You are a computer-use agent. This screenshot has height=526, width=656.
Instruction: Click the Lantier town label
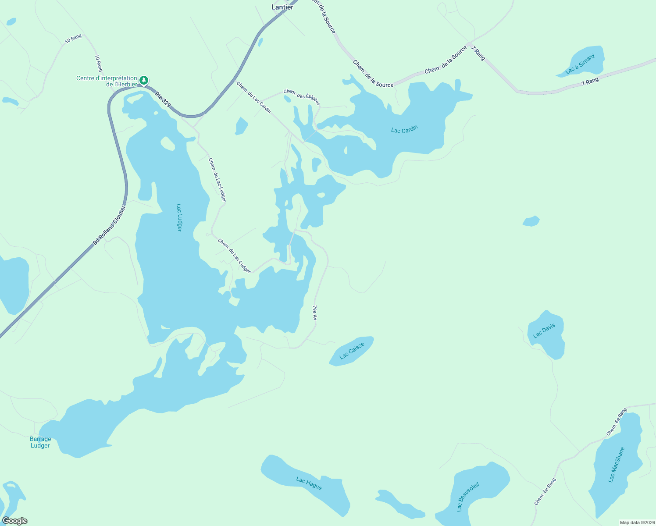pyautogui.click(x=282, y=7)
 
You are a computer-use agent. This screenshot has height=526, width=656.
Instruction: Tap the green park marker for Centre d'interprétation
pyautogui.click(x=144, y=81)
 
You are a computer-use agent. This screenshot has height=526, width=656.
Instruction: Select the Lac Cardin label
pyautogui.click(x=404, y=129)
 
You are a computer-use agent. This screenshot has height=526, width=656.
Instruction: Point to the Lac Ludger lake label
pyautogui.click(x=179, y=217)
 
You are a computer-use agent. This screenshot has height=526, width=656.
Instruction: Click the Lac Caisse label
pyautogui.click(x=352, y=351)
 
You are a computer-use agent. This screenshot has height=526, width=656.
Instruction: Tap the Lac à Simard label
pyautogui.click(x=580, y=64)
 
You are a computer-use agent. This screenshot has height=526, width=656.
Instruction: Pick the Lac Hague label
pyautogui.click(x=309, y=483)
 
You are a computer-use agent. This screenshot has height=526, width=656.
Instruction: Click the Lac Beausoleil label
pyautogui.click(x=468, y=497)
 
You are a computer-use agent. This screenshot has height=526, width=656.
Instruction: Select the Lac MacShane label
pyautogui.click(x=616, y=465)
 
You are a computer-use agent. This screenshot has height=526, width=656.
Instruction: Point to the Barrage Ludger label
pyautogui.click(x=40, y=442)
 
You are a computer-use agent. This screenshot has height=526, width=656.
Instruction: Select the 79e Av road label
pyautogui.click(x=314, y=313)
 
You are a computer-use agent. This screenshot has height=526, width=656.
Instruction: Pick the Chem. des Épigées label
pyautogui.click(x=302, y=97)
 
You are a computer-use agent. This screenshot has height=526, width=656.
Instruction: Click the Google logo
pyautogui.click(x=15, y=521)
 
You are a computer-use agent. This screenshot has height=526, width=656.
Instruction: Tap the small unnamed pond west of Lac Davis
pyautogui.click(x=531, y=221)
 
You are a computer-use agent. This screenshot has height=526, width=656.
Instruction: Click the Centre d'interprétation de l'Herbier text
pyautogui.click(x=107, y=81)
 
